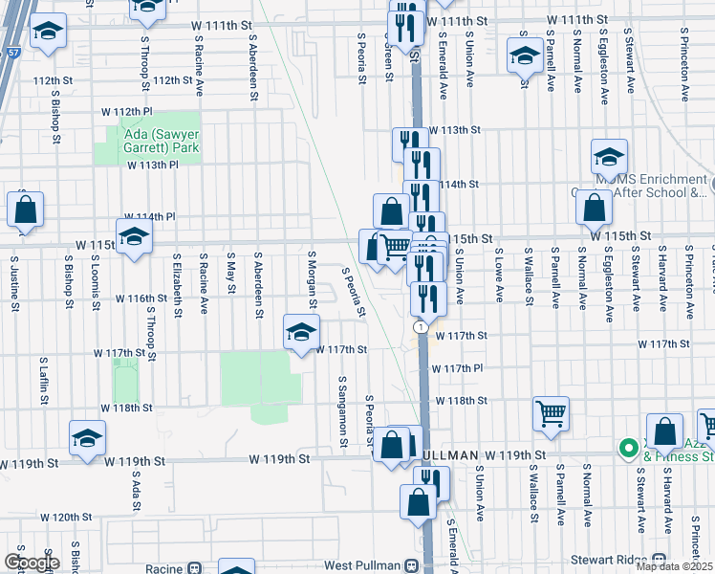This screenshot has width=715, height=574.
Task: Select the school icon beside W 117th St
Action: coord(301,332)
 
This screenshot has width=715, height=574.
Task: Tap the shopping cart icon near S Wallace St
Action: coord(552,413)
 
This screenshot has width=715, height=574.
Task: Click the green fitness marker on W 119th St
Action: coord(628,448)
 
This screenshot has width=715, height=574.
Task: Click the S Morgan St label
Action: coord(312,274)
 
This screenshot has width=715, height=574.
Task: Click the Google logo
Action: coord(32,563)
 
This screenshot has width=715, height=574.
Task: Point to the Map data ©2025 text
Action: coord(674,566)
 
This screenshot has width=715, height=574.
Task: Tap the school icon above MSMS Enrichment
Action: coord(609,155)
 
